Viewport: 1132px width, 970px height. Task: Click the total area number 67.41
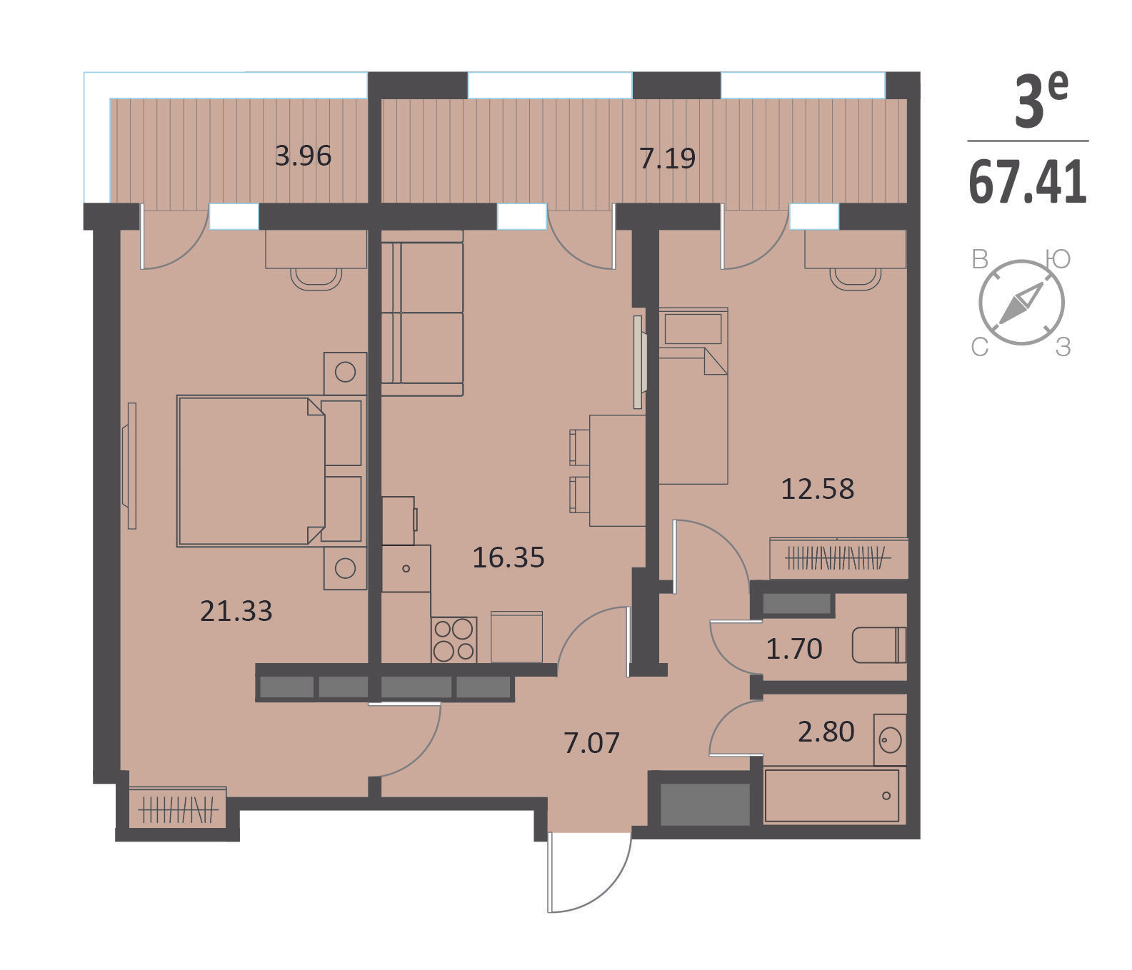1028,182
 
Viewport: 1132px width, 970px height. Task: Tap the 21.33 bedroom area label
236,611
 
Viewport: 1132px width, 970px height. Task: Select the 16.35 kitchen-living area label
509,557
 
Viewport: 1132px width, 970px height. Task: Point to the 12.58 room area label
818,489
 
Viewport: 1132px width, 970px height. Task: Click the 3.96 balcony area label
304,156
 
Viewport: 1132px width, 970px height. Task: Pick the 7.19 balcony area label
668,158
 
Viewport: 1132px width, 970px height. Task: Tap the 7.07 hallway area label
591,743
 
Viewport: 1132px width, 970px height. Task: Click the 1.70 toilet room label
794,649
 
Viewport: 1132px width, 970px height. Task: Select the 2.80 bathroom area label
826,732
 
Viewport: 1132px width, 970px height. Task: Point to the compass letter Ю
1058,259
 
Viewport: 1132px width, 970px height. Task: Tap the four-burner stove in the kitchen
454,640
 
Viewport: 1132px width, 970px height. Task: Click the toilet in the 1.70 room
879,645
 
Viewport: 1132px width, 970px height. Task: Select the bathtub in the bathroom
832,795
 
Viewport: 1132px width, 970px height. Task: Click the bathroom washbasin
890,739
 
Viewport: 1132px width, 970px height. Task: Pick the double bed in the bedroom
270,471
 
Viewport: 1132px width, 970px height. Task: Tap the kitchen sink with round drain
406,568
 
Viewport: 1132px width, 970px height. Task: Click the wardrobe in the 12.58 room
839,557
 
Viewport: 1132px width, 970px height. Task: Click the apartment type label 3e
1041,100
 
